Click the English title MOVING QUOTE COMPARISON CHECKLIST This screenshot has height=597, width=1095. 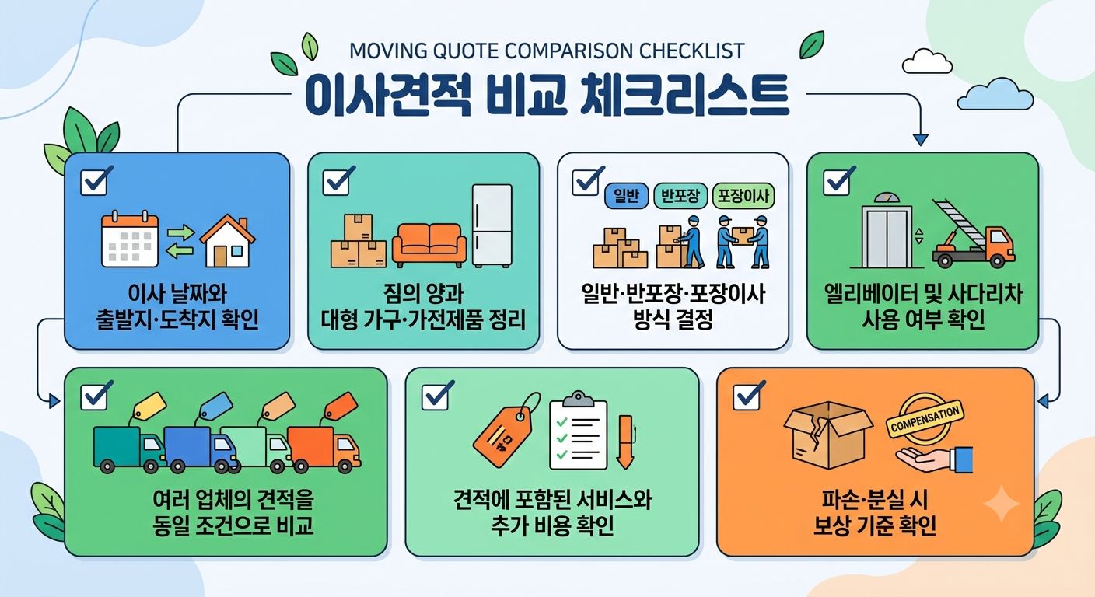(x=547, y=51)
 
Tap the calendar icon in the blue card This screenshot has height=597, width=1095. (x=130, y=239)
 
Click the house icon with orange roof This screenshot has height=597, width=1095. (x=227, y=241)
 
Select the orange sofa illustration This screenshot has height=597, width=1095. (x=429, y=245)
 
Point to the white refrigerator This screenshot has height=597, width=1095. (x=492, y=225)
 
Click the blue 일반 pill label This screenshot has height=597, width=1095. (x=626, y=197)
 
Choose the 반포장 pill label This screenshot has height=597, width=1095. (x=680, y=197)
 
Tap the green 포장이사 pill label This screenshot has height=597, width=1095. (x=743, y=197)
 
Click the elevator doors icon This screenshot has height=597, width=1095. (x=887, y=236)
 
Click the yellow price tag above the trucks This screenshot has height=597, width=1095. (x=149, y=407)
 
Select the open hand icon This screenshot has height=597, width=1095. (x=934, y=459)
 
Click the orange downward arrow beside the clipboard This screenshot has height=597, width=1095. (x=625, y=442)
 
